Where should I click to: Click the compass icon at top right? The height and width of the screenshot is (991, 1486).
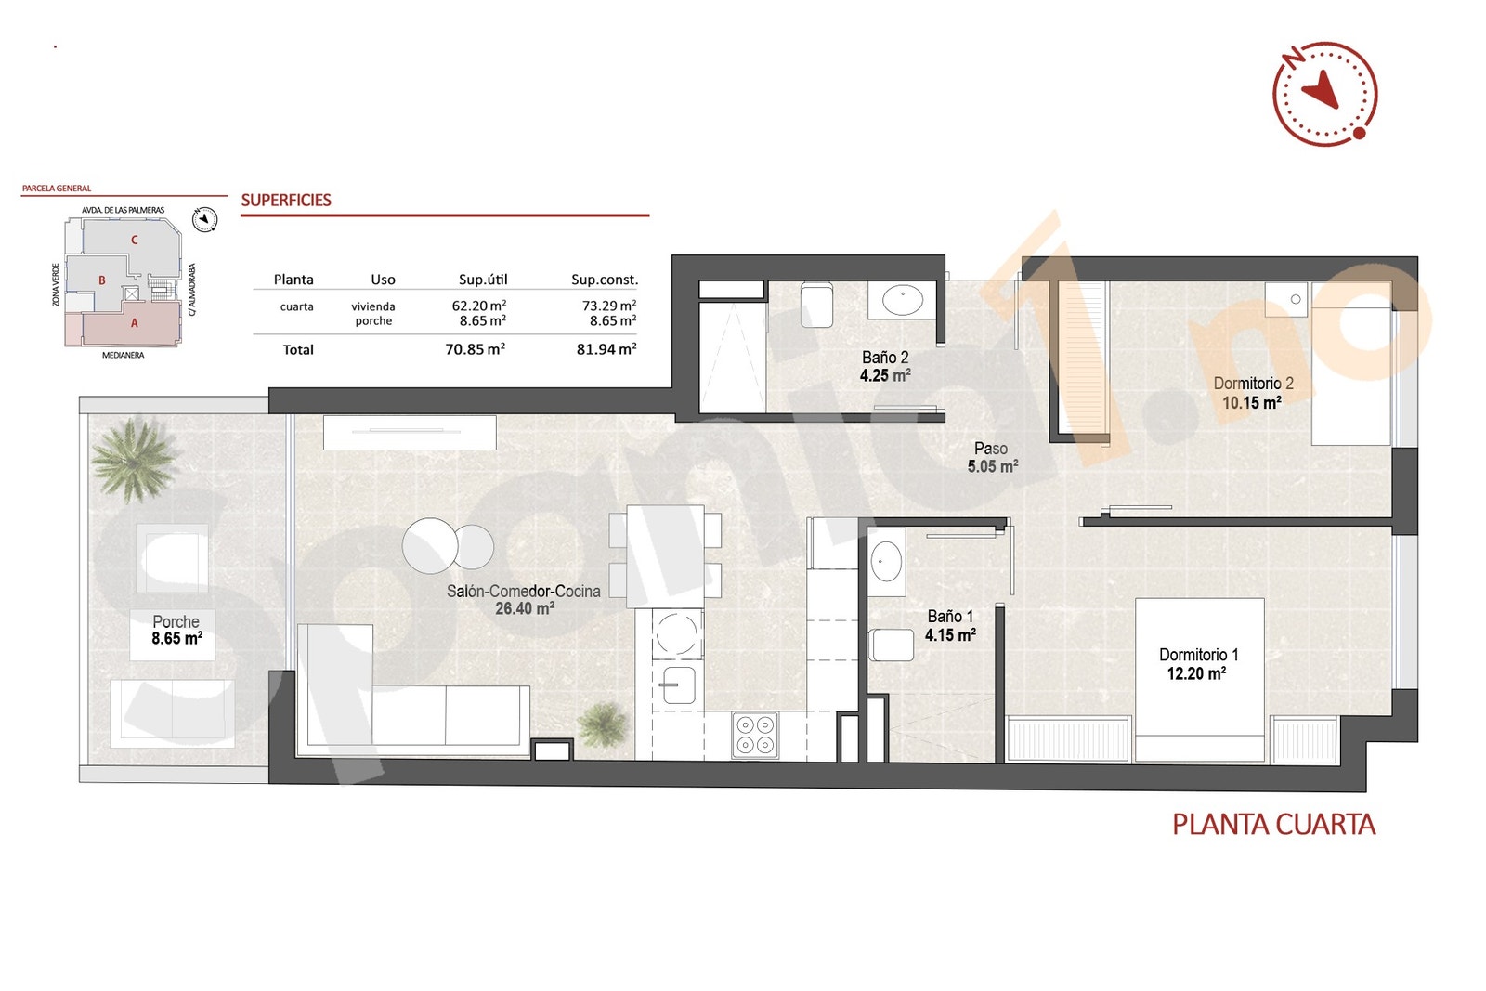pos(1323,93)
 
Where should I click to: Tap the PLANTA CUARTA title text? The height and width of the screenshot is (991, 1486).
pos(1272,825)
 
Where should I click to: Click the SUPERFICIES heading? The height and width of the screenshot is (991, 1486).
pos(286,200)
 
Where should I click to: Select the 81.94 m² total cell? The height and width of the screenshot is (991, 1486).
pos(606,349)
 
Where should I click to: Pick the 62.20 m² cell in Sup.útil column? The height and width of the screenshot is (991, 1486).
pos(478,306)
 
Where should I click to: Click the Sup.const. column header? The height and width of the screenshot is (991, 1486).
pos(604,280)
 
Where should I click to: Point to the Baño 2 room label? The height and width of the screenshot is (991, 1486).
pos(884,358)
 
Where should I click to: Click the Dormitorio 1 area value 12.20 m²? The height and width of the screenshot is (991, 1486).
pos(1196,673)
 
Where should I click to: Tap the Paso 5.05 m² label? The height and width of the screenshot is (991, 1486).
pos(992,458)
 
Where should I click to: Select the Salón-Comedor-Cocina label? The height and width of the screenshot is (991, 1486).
pos(523,592)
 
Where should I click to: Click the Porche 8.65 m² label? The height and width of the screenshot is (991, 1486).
pos(176,630)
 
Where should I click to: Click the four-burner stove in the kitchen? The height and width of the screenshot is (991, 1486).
pos(754,735)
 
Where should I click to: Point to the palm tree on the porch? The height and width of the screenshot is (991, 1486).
pos(134,460)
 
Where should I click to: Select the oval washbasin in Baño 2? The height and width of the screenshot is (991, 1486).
pos(902,300)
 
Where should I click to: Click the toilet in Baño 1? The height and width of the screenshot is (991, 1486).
pos(892,645)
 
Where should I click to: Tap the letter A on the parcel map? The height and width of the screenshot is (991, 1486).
pos(134,323)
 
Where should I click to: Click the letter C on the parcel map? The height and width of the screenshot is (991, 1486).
pos(134,240)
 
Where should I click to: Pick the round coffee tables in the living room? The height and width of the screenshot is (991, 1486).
pos(447,546)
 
